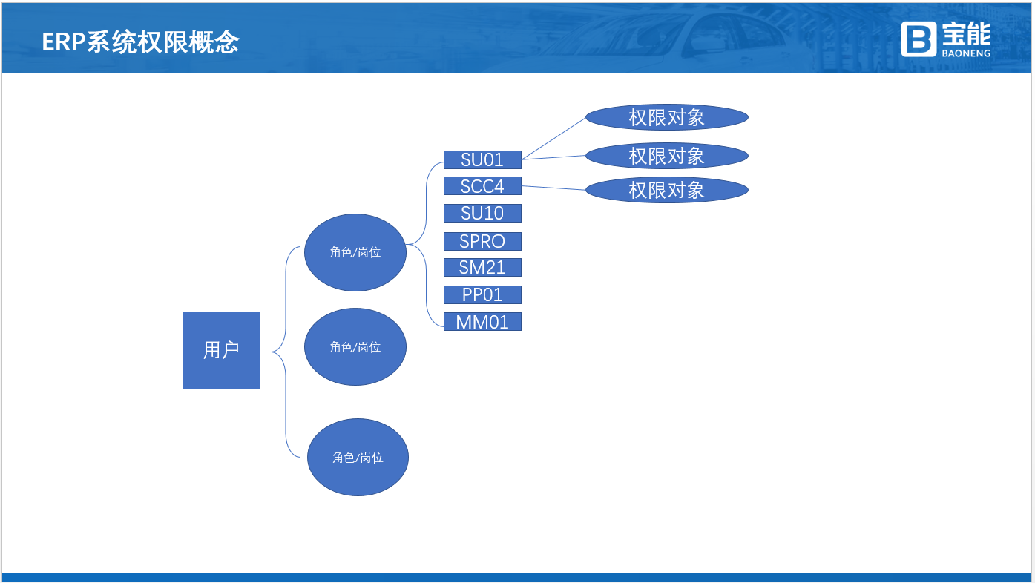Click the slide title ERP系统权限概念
140,42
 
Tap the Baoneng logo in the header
945,39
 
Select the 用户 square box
221,350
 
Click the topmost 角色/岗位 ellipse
355,252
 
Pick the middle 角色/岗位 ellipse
355,346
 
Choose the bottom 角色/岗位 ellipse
358,457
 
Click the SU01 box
482,159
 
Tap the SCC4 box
482,186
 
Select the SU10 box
482,214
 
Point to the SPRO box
482,241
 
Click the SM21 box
482,267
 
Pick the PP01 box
482,294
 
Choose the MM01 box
482,322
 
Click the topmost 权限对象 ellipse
666,117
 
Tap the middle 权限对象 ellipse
666,156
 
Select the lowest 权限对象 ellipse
666,190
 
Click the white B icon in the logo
919,39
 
